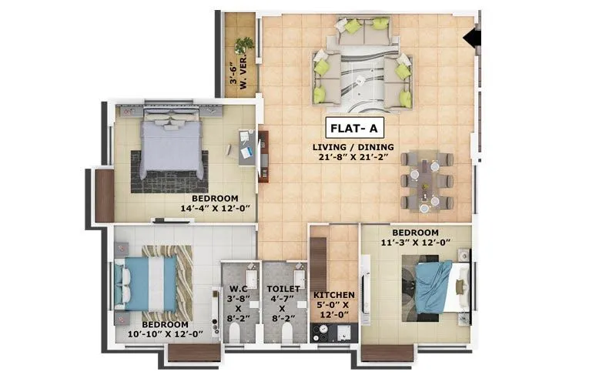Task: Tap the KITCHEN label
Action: pos(333,295)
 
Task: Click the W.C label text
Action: pos(237,290)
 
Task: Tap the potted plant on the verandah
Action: pos(244,45)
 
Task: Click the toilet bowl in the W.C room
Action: pos(237,333)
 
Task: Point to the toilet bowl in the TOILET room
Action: pos(284,333)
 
